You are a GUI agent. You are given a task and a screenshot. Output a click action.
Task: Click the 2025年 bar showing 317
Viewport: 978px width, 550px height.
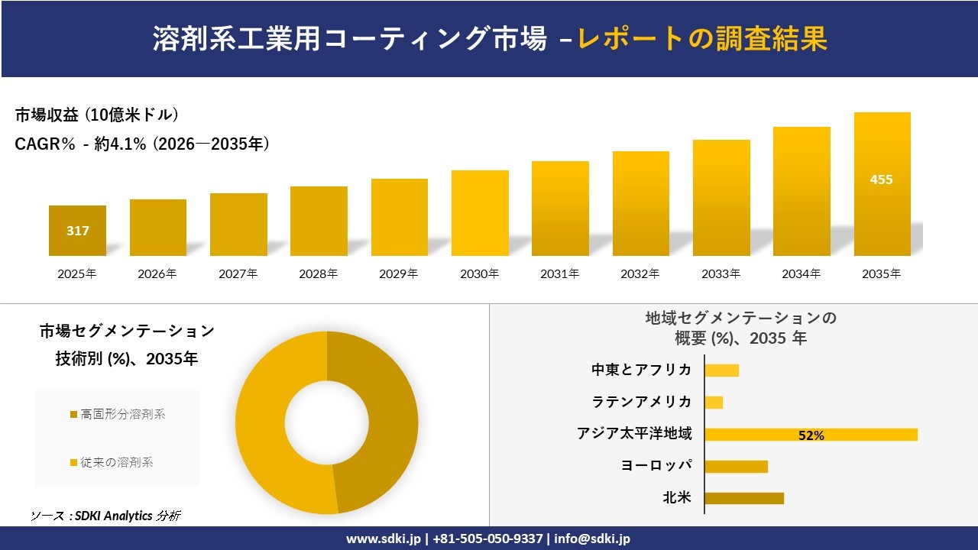[x=77, y=230]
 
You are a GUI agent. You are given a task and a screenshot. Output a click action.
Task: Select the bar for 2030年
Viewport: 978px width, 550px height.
[x=480, y=213]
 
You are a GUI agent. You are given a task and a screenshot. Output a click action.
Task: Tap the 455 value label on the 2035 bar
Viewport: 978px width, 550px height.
[x=881, y=180]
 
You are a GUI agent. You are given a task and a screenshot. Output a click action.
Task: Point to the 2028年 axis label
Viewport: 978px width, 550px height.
[x=318, y=273]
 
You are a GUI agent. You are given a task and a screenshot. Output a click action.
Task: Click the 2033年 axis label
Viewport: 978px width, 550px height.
[x=721, y=273]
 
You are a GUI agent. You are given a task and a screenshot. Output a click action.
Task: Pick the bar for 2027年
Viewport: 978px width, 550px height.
[x=238, y=225]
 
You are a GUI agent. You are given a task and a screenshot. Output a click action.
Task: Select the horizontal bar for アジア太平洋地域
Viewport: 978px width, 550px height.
[x=810, y=435]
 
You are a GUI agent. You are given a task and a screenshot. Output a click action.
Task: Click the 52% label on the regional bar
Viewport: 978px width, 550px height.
[x=811, y=435]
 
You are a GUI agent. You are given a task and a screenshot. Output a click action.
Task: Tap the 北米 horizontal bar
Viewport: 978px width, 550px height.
[x=743, y=498]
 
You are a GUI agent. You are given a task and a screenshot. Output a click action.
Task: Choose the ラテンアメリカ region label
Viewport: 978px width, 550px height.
[x=642, y=402]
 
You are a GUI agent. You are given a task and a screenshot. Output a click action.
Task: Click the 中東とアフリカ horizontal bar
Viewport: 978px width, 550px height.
[x=721, y=370]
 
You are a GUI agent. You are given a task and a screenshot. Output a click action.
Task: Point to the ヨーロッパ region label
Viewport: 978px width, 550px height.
[x=656, y=466]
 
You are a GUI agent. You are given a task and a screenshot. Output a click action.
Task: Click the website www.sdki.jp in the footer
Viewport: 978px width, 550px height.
[x=383, y=539]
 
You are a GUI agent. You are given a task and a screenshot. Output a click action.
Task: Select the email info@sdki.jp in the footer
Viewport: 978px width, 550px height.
[x=592, y=539]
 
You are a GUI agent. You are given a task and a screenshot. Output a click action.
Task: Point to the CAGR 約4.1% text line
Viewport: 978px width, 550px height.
[x=142, y=144]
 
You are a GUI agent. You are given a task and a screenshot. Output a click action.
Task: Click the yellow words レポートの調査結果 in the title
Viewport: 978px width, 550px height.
[x=702, y=38]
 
